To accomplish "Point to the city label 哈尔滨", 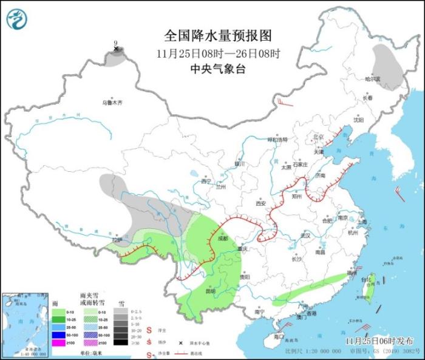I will tap(372, 78).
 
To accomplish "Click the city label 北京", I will tap(318, 137).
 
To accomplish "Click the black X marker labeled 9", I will tap(116, 49).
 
